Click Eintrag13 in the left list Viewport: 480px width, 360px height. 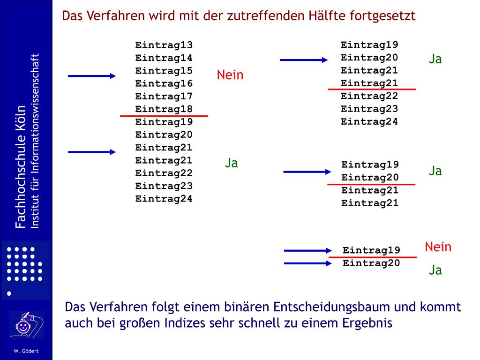click(x=164, y=45)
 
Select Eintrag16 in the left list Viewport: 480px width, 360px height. click(x=164, y=84)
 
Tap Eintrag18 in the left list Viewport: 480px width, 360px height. click(x=164, y=109)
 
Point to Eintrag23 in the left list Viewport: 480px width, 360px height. click(x=164, y=186)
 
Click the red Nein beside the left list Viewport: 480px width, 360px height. click(x=230, y=75)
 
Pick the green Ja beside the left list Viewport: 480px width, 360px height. click(x=231, y=163)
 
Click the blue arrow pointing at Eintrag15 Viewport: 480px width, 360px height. click(x=92, y=76)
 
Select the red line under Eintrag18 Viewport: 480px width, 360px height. click(x=164, y=115)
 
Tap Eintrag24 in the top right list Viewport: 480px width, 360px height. click(x=369, y=122)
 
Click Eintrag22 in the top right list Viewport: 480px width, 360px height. click(x=369, y=96)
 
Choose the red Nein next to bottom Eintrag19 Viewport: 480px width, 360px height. click(x=438, y=247)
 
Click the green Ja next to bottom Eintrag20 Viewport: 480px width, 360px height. click(x=435, y=270)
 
